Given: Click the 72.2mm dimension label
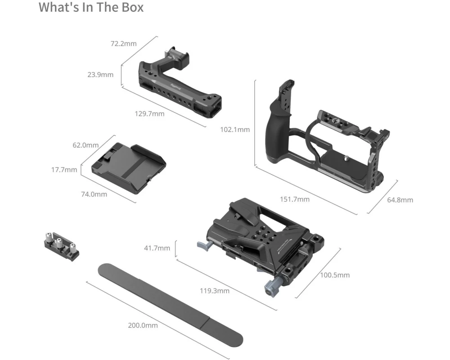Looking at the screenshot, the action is click(x=124, y=44).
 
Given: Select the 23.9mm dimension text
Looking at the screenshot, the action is click(x=100, y=75).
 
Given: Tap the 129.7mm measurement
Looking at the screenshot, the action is click(x=149, y=114).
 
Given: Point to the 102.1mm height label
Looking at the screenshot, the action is click(x=235, y=130).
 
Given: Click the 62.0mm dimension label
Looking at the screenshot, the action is click(x=85, y=145).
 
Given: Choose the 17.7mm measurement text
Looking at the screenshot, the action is click(x=64, y=170).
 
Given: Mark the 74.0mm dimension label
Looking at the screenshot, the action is click(x=94, y=194).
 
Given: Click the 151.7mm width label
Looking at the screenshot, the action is click(x=295, y=199).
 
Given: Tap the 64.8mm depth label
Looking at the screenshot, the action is click(x=400, y=200).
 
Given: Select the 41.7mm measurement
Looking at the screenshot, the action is click(x=157, y=248).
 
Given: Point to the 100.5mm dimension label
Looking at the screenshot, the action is click(x=335, y=275).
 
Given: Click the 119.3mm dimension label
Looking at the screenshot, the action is click(x=215, y=291).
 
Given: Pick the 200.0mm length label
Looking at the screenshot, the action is click(x=143, y=325).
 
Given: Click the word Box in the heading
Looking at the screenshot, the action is click(x=133, y=7).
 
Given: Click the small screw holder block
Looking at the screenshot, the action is click(x=61, y=246).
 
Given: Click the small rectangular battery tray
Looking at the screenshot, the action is click(x=129, y=168).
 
